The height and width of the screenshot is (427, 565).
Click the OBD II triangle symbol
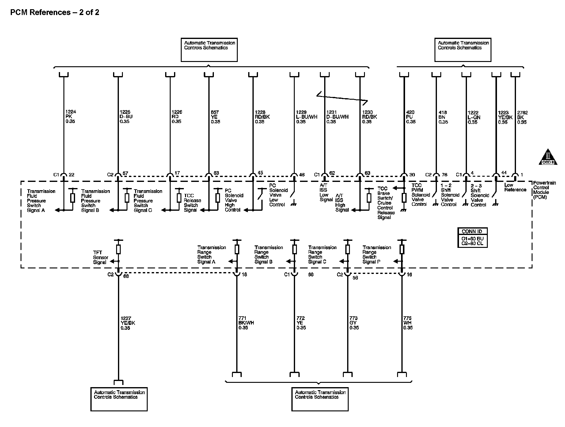pyautogui.click(x=548, y=157)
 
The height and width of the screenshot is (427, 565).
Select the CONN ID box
pyautogui.click(x=472, y=238)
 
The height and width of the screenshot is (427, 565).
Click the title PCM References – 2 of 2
pyautogui.click(x=55, y=13)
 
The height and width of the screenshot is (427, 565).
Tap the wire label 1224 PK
pyautogui.click(x=70, y=117)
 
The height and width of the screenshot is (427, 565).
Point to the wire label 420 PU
pyautogui.click(x=411, y=117)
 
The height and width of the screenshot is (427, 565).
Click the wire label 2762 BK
pyautogui.click(x=522, y=117)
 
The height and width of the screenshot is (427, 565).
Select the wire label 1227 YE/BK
pyautogui.click(x=128, y=323)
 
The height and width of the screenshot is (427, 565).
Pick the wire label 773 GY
pyautogui.click(x=354, y=323)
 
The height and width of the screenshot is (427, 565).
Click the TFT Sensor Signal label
pyautogui.click(x=100, y=257)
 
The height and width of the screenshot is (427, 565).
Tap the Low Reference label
pyautogui.click(x=515, y=187)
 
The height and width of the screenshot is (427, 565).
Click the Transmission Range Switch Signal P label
pyautogui.click(x=377, y=255)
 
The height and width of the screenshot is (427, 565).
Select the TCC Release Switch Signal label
pyautogui.click(x=192, y=203)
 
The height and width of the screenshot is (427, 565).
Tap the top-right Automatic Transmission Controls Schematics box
pyautogui.click(x=463, y=50)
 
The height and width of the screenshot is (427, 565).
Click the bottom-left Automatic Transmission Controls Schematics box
pyautogui.click(x=119, y=399)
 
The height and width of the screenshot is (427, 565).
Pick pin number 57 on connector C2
pyautogui.click(x=126, y=174)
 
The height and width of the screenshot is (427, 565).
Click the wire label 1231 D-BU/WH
pyautogui.click(x=337, y=117)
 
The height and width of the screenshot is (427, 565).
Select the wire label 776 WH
pyautogui.click(x=408, y=323)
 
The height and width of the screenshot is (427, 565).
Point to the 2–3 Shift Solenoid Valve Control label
pyautogui.click(x=480, y=195)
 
